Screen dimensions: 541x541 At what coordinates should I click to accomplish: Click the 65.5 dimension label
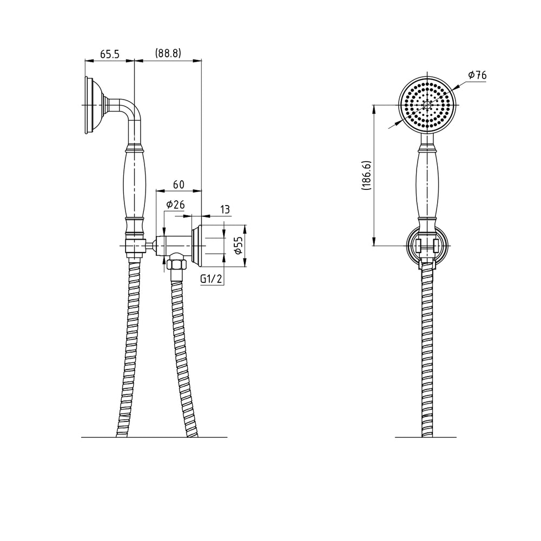pos(110,54)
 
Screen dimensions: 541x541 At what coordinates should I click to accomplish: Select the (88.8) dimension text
pos(168,53)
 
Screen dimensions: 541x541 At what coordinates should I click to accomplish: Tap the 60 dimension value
pos(179,184)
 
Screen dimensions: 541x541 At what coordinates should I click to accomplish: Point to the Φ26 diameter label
pos(175,204)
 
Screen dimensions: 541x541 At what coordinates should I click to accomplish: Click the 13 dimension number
pos(225,209)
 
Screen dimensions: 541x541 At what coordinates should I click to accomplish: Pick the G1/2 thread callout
pos(211,279)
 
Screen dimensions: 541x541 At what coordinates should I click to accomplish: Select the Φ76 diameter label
pos(478,75)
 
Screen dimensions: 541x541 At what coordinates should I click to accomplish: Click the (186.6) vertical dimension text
pos(366,175)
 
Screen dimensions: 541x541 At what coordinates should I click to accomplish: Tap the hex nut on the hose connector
pos(176,265)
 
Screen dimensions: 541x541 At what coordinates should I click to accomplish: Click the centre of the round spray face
pos(427,104)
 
